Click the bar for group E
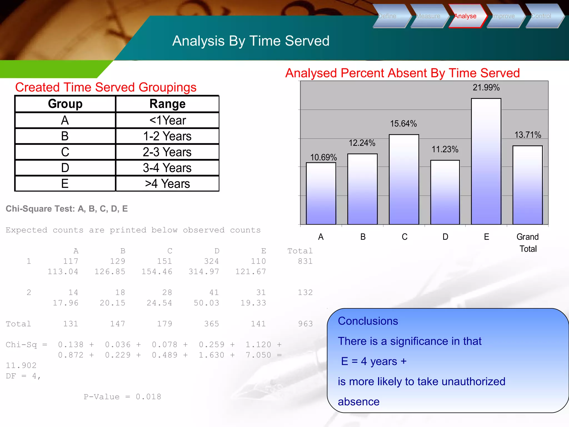pyautogui.click(x=486, y=161)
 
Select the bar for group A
pyautogui.click(x=321, y=193)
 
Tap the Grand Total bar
pyautogui.click(x=527, y=185)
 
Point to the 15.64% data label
pyautogui.click(x=403, y=124)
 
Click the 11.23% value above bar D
pyautogui.click(x=445, y=149)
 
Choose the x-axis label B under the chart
pyautogui.click(x=363, y=237)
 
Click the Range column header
pyautogui.click(x=167, y=104)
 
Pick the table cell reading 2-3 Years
pyautogui.click(x=167, y=152)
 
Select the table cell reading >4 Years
pyautogui.click(x=167, y=184)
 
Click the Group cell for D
pyautogui.click(x=65, y=168)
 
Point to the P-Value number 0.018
pyautogui.click(x=148, y=397)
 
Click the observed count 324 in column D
pyautogui.click(x=211, y=261)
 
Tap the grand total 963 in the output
pyautogui.click(x=305, y=324)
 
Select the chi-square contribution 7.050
pyautogui.click(x=258, y=355)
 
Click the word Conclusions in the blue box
pyautogui.click(x=368, y=321)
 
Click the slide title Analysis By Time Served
pyautogui.click(x=251, y=41)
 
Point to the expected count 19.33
pyautogui.click(x=253, y=303)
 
